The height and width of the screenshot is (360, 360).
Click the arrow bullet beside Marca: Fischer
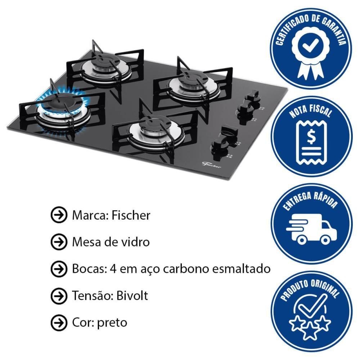point(59,215)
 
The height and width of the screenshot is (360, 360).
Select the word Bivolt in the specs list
point(132,296)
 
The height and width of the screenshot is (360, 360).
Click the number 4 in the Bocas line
point(113,269)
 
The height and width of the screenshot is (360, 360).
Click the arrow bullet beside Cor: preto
point(59,323)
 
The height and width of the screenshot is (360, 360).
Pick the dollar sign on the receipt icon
point(311,137)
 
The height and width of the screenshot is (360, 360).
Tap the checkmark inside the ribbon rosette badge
point(310,45)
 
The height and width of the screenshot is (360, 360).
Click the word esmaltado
point(241,269)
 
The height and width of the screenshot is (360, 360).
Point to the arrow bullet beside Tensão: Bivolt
point(59,296)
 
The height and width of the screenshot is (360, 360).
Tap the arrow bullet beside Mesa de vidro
point(59,242)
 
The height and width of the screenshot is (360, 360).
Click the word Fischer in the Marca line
point(131,215)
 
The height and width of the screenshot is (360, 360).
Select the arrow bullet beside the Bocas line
point(59,269)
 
